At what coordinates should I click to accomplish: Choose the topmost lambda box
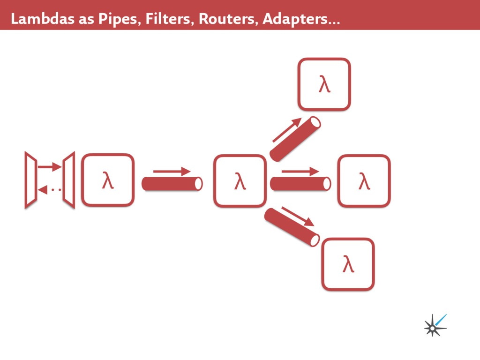pyautogui.click(x=324, y=84)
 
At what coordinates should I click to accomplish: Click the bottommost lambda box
pyautogui.click(x=348, y=264)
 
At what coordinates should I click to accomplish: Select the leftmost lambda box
pyautogui.click(x=108, y=180)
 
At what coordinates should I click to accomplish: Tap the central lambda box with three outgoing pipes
pyautogui.click(x=240, y=181)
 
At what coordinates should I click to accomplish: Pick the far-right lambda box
pyautogui.click(x=364, y=181)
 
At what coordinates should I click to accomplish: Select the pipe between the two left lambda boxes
pyautogui.click(x=172, y=184)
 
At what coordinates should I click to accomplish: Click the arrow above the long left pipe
pyautogui.click(x=172, y=172)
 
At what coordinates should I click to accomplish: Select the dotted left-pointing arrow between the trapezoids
pyautogui.click(x=50, y=190)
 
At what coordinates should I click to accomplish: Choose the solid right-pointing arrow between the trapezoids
pyautogui.click(x=50, y=166)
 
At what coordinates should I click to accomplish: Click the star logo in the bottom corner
pyautogui.click(x=435, y=325)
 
